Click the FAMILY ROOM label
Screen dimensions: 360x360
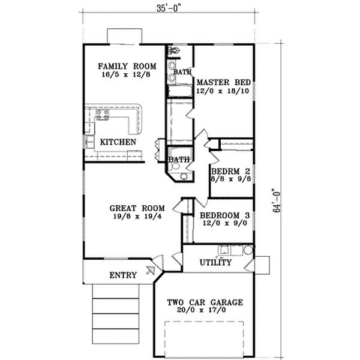tap(127, 66)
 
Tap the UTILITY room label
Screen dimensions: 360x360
tap(215, 263)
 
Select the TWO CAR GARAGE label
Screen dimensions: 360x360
tap(205, 303)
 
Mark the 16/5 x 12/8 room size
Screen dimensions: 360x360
tap(127, 76)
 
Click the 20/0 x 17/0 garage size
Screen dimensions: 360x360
tap(205, 312)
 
